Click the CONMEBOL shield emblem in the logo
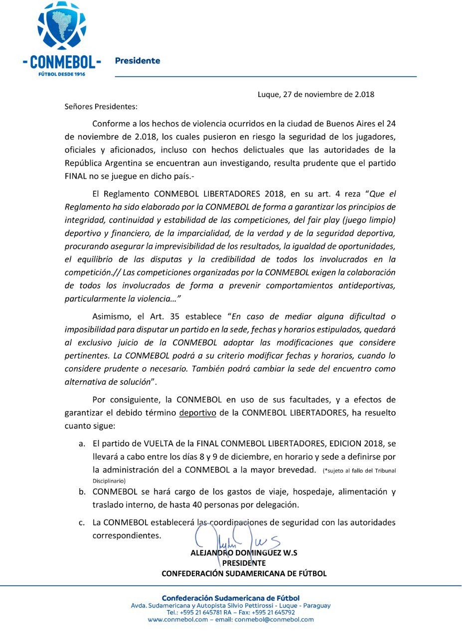62,26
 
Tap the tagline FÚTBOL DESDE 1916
62,74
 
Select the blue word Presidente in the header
138,61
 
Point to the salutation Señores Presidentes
101,106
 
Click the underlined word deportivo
198,413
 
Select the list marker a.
82,443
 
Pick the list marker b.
82,492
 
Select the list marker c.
82,523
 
